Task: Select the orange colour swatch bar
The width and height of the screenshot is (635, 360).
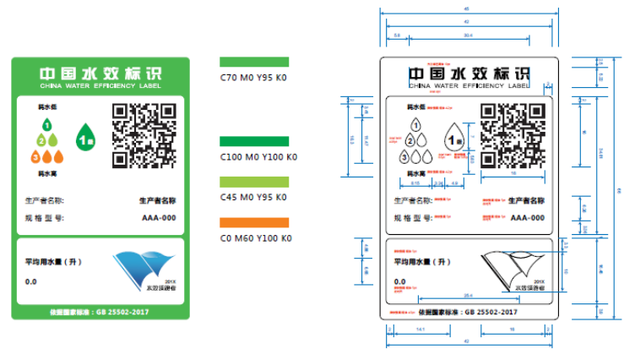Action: [254, 222]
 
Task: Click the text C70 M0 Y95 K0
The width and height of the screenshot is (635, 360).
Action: [254, 78]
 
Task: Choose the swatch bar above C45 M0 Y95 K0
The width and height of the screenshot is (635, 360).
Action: [254, 182]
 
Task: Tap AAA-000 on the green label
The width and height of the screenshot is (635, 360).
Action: [158, 218]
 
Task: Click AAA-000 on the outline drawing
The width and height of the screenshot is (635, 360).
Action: [526, 217]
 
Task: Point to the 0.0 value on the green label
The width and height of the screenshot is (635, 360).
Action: [31, 281]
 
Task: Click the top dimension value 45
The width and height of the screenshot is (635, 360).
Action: [468, 8]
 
